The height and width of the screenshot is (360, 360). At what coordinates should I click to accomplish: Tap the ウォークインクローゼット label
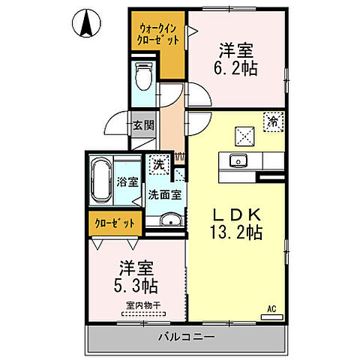(x=158, y=34)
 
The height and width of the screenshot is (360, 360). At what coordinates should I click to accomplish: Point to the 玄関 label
(x=143, y=125)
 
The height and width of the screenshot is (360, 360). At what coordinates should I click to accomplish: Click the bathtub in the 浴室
(x=99, y=181)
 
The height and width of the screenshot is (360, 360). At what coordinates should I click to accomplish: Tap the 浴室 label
(x=127, y=181)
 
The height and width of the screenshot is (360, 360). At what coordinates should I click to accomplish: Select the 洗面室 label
(x=163, y=194)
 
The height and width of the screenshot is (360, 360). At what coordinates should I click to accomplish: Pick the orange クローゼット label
(x=116, y=223)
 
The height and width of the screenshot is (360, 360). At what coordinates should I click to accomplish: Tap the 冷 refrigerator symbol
(x=274, y=120)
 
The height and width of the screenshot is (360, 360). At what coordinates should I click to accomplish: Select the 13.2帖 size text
(x=235, y=232)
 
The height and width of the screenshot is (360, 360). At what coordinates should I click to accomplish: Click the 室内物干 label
(x=145, y=305)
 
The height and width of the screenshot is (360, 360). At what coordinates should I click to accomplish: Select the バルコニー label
(x=187, y=337)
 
